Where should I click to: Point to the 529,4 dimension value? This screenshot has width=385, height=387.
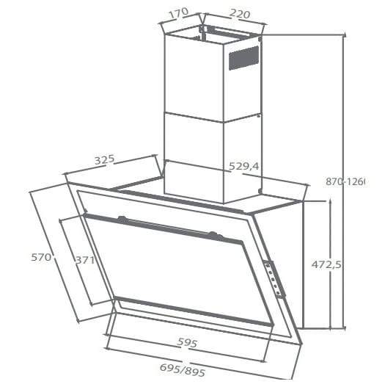point(244,167)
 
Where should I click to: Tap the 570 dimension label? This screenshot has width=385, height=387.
point(40,257)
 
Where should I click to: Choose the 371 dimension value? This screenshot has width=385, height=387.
point(85,259)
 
